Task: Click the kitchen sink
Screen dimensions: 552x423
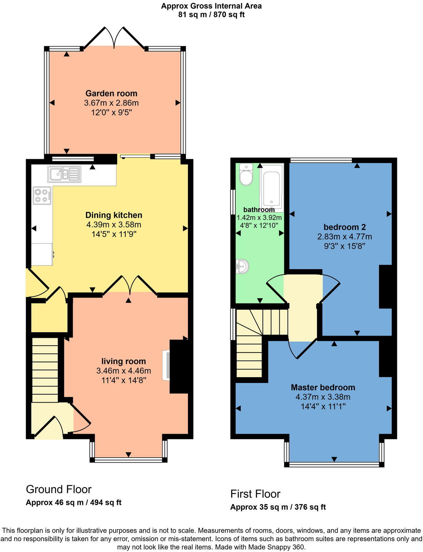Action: (64, 174)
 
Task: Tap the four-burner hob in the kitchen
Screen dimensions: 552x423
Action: (42, 196)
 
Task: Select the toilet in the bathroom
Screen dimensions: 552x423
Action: (246, 174)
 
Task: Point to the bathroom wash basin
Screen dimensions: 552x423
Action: (242, 266)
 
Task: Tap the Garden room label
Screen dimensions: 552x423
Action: (111, 93)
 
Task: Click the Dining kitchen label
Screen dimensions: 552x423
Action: (114, 215)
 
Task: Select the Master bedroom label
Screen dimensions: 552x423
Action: (323, 387)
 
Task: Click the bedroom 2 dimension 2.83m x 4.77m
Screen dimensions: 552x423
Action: (344, 237)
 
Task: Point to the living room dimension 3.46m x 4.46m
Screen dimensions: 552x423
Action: (124, 371)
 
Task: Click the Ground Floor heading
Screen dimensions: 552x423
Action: (59, 489)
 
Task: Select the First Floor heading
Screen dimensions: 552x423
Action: (255, 494)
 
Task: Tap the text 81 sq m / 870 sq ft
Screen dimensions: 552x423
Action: (211, 15)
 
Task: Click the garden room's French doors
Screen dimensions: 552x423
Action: (114, 38)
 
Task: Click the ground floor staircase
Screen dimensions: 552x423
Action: (45, 370)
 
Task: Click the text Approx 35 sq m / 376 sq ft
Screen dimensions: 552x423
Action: (278, 507)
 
